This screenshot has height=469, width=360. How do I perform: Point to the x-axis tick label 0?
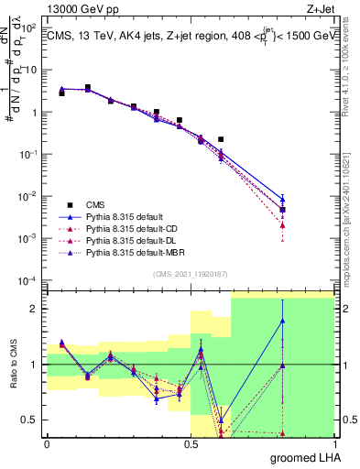[x=47, y=444]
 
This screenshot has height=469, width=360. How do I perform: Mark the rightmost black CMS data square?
[x=283, y=210]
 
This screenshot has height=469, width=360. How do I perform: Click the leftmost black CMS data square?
[x=61, y=93]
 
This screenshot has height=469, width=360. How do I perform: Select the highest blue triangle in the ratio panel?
[x=283, y=321]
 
